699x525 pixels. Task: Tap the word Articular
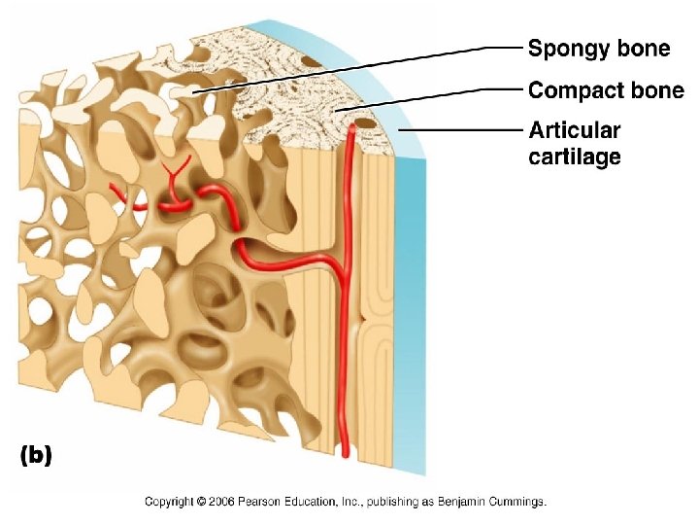tap(574, 130)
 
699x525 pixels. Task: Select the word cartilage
tap(574, 156)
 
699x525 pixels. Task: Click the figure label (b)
tap(36, 454)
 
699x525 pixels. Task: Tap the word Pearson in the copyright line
tap(263, 503)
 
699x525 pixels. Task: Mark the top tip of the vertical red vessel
tap(350, 127)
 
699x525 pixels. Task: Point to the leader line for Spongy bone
tap(359, 67)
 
